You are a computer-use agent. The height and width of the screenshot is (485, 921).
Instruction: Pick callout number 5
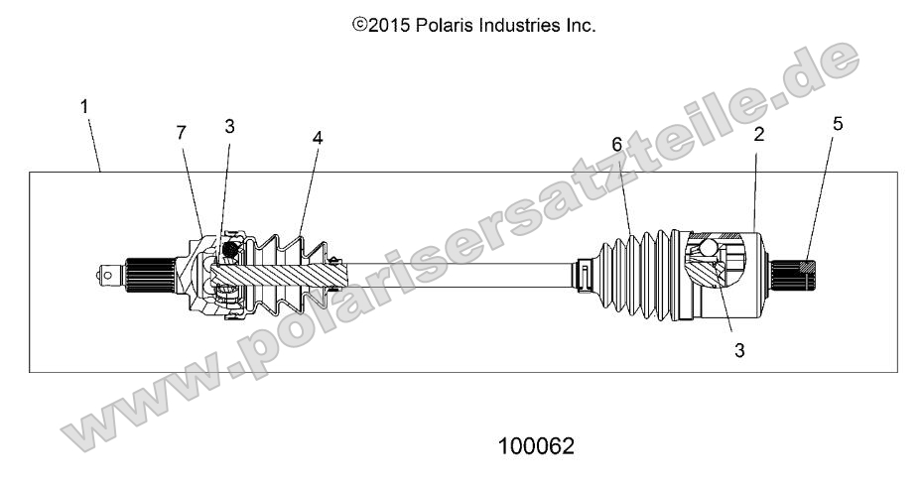tap(837, 125)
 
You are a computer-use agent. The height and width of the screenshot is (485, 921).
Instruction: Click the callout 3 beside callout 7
tap(229, 127)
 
